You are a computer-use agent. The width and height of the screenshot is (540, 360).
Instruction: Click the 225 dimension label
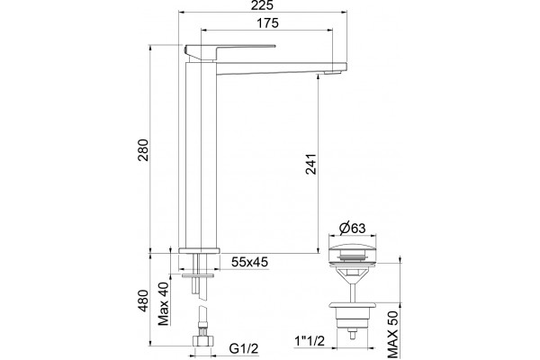[x=263, y=5]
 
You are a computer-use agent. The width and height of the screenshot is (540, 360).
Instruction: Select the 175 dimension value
[x=268, y=23]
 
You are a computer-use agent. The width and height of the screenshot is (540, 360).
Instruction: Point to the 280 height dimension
[x=143, y=150]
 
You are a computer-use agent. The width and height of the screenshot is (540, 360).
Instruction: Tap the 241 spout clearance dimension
[x=311, y=164]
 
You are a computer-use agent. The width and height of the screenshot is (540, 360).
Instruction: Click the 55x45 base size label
[x=249, y=262]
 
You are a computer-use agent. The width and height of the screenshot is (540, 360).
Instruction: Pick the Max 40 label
[x=164, y=303]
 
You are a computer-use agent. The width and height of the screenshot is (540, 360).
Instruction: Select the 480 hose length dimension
[x=143, y=301]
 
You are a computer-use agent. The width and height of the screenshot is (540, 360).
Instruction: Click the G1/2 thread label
[x=244, y=348]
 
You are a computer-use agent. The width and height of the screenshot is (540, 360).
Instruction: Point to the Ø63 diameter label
[x=352, y=228]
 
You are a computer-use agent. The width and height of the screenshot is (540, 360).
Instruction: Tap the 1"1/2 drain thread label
[x=310, y=341]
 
